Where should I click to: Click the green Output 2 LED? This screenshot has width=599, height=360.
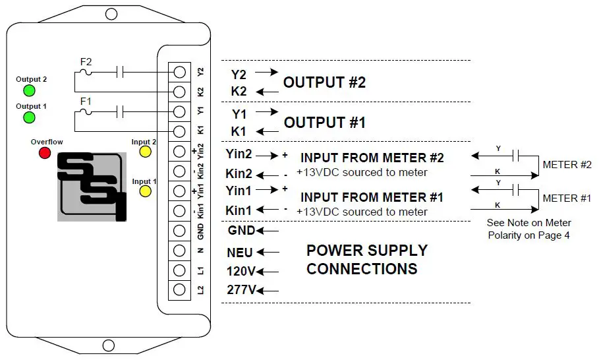pos(29,91)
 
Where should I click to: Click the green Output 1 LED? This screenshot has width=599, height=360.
pos(29,117)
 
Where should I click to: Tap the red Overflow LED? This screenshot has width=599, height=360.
pos(45,153)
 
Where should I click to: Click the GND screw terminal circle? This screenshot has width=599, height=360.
pos(179,231)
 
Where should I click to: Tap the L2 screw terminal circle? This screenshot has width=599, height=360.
pos(179,289)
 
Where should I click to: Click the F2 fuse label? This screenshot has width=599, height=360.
pos(86,62)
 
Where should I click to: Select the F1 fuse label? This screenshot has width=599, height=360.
pos(86,102)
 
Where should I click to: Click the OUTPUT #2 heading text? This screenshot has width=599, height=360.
pos(324,82)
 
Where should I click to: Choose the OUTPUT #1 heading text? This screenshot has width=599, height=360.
pos(324,123)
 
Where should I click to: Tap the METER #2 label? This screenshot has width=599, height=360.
pos(567,165)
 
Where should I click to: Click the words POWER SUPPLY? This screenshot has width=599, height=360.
pos(367,251)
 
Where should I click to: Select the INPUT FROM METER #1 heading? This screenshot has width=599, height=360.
pos(372,197)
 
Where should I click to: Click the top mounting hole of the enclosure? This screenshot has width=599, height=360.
pos(111,14)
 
